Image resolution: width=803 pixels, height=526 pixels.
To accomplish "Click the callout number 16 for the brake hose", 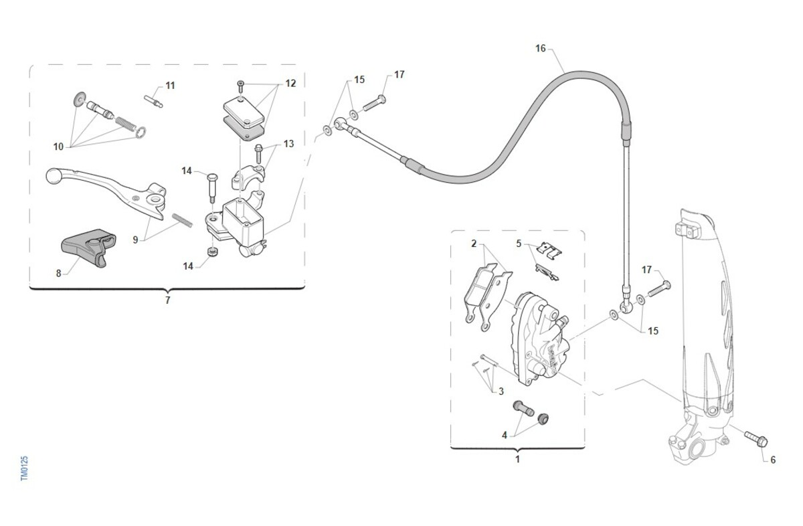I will click(541, 48).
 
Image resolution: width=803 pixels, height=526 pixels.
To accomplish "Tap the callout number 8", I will click(58, 273).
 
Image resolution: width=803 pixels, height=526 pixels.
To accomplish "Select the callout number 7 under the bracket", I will click(167, 300).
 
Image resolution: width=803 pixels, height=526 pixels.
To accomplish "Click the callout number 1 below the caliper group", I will click(517, 460).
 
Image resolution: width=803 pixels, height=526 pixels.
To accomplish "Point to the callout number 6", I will click(773, 460).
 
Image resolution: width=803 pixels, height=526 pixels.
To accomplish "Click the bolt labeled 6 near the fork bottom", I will click(755, 439).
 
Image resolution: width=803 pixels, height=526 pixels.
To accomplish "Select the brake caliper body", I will click(539, 338).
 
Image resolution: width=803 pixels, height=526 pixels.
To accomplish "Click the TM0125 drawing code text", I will click(25, 468).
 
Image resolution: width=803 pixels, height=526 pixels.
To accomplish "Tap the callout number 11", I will click(170, 86).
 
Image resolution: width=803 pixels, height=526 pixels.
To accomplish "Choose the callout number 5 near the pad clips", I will click(519, 243).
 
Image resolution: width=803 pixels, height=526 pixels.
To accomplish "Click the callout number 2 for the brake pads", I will click(474, 244).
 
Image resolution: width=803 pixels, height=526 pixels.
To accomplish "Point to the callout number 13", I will click(288, 144).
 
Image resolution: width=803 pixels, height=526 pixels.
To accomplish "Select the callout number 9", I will click(135, 240).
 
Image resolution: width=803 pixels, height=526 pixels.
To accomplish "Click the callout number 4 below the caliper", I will click(505, 435).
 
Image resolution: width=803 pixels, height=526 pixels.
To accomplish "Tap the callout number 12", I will click(290, 84).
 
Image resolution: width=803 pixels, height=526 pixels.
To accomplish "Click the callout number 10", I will click(59, 146).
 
